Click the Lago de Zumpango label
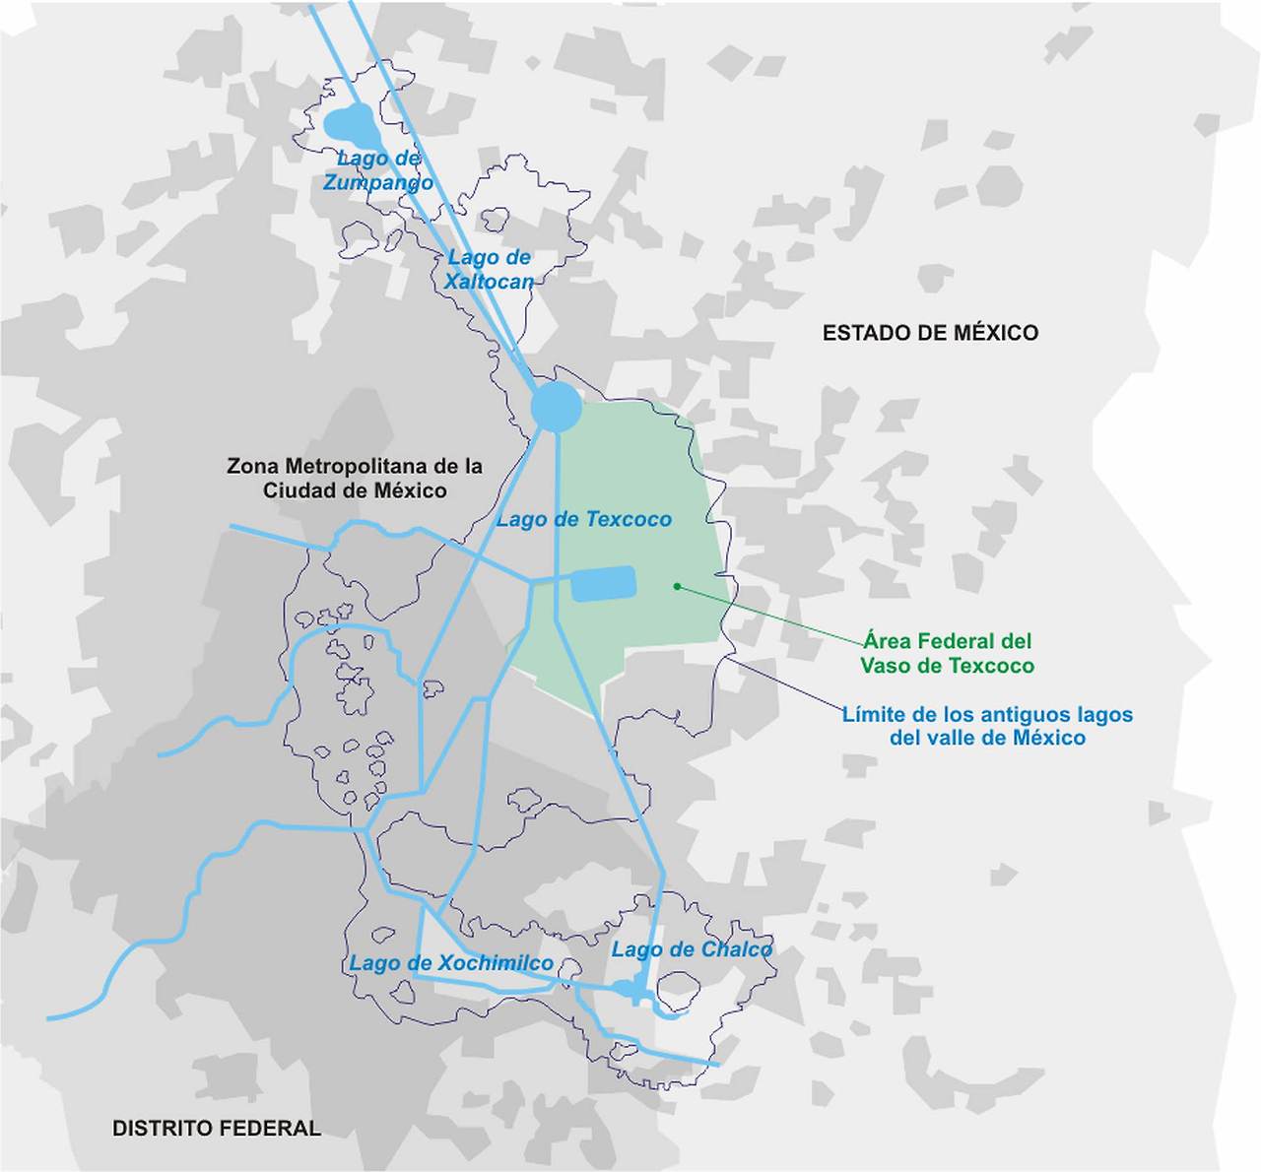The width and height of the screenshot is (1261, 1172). click(378, 170)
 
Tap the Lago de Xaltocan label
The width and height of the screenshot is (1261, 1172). click(489, 269)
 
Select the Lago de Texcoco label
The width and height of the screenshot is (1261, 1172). click(583, 519)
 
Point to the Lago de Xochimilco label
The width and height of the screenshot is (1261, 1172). click(451, 963)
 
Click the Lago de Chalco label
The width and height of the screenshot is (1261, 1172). click(692, 949)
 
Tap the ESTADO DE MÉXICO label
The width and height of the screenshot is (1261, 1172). click(930, 333)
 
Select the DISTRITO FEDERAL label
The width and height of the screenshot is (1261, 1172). click(217, 1129)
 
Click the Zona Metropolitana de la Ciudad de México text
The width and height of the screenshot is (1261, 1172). click(355, 478)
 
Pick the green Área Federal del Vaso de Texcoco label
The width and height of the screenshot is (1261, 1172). click(947, 653)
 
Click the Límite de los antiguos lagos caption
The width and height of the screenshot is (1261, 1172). click(987, 726)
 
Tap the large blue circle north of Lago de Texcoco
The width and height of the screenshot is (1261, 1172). click(557, 406)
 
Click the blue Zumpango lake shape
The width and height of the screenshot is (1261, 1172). click(351, 125)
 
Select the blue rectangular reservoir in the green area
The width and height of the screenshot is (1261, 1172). click(604, 584)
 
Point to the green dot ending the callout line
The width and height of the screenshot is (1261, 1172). click(677, 586)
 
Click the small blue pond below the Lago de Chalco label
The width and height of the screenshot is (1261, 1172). click(625, 988)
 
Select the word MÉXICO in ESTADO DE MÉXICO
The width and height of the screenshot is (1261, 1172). click(995, 333)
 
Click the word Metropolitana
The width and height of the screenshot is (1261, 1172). click(357, 466)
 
